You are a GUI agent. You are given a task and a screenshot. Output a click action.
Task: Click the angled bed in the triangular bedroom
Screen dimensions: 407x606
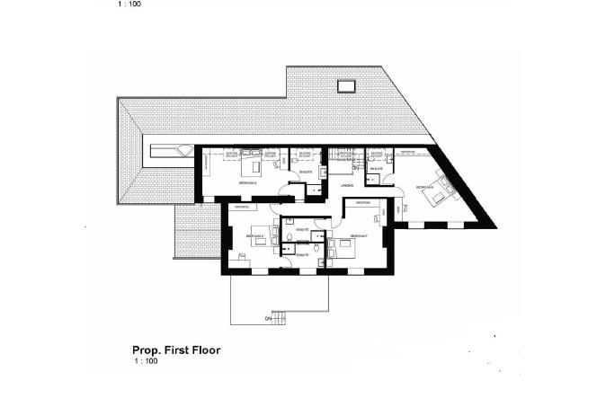440,192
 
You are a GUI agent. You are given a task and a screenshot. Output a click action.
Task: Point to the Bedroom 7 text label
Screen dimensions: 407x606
359,235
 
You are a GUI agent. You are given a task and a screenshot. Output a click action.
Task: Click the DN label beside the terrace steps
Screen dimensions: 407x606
267,318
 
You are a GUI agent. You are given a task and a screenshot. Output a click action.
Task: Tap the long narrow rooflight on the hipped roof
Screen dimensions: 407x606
167,152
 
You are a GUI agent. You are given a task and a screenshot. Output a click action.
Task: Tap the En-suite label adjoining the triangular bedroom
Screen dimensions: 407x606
378,169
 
